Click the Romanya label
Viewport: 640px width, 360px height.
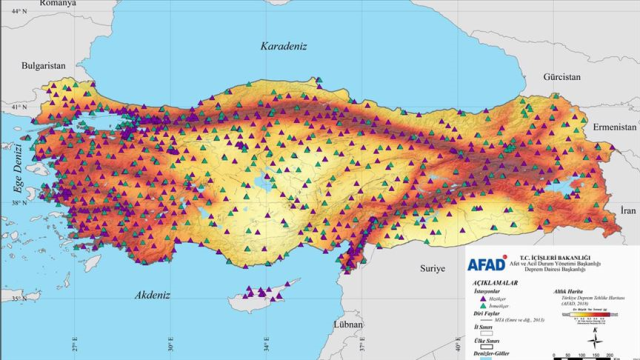[x=29, y=4]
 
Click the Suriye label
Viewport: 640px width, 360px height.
[x=432, y=269]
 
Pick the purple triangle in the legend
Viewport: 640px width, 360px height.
[x=483, y=298]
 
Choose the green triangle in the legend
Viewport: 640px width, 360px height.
[x=483, y=305]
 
